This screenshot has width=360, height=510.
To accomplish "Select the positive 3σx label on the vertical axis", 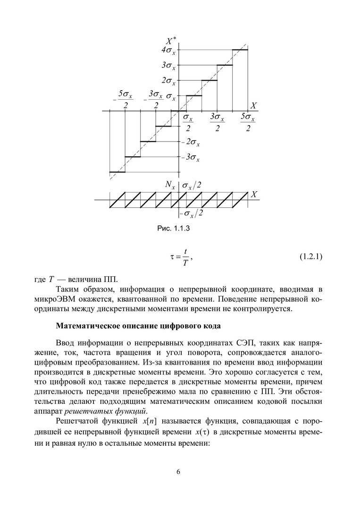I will point(168,66).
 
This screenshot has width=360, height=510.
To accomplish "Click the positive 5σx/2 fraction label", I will point(248,122).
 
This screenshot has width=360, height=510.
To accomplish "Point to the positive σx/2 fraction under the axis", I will point(188,122).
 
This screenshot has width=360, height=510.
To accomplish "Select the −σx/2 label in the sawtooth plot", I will point(193,214).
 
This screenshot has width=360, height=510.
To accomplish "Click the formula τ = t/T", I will point(182,257).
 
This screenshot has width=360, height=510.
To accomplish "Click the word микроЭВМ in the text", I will point(50,299).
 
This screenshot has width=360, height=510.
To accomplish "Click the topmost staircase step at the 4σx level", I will point(240,50).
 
